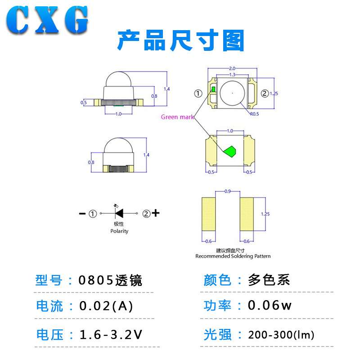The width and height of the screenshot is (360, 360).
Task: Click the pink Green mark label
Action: (178, 117)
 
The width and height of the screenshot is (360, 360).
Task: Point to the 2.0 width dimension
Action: (232, 68)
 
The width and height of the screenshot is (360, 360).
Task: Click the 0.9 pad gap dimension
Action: (228, 192)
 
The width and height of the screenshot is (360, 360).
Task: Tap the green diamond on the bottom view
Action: (230, 151)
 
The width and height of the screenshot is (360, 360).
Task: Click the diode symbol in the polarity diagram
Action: (119, 213)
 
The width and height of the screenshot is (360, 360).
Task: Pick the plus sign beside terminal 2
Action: (156, 213)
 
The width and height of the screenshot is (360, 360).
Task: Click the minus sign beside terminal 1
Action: (82, 213)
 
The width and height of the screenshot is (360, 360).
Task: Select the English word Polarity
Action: (119, 231)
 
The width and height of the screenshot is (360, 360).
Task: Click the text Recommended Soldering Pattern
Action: (233, 256)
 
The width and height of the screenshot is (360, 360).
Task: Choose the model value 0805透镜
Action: (110, 280)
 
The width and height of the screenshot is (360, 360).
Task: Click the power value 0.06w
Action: (270, 306)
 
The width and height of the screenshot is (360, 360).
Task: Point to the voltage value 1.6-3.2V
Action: (111, 335)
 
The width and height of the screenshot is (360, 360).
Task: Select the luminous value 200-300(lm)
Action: (281, 335)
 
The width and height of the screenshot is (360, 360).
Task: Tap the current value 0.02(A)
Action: (106, 306)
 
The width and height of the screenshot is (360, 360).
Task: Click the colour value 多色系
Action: (269, 280)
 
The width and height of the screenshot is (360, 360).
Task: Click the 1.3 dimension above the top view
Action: (232, 75)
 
